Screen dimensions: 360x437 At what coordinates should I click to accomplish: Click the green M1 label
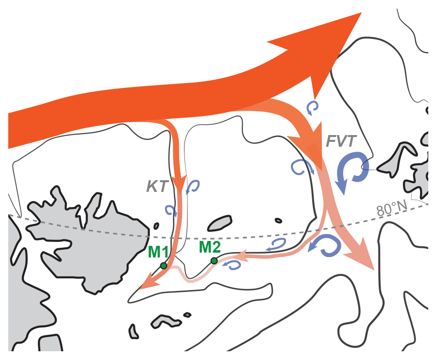click(158, 252)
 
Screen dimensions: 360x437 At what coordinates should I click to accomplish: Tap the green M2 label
click(210, 247)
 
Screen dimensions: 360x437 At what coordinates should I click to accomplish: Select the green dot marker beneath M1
click(164, 266)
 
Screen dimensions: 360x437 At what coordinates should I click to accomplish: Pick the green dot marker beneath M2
click(214, 261)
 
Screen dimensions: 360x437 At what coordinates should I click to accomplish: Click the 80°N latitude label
click(391, 209)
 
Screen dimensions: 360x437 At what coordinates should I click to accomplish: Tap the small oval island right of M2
click(278, 221)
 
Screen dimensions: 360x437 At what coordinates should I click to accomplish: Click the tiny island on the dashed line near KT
click(156, 226)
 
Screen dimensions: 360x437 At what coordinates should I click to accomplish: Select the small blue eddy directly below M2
click(235, 265)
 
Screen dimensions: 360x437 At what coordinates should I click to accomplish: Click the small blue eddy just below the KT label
click(171, 210)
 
